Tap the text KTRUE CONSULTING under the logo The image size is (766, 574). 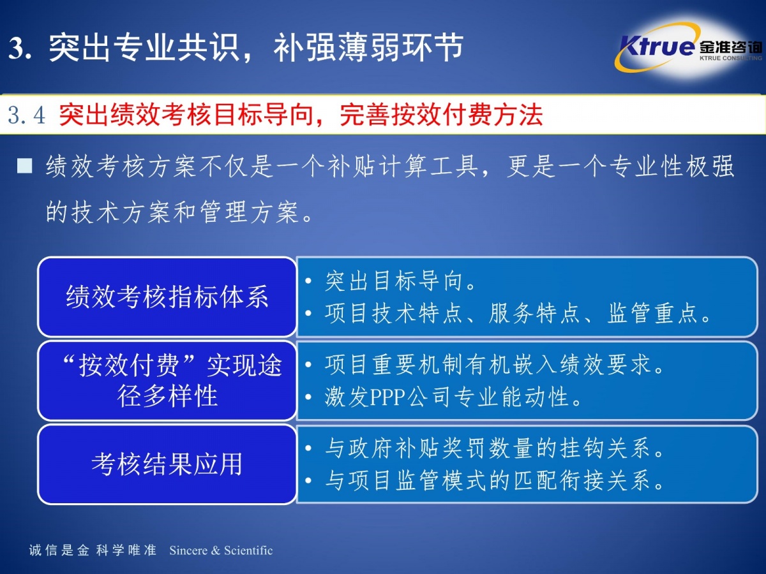coord(731,58)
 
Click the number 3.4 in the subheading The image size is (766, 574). coord(27,115)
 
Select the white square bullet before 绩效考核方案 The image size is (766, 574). coord(25,166)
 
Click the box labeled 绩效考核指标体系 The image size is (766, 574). coord(167,297)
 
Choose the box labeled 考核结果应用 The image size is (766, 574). coord(167,464)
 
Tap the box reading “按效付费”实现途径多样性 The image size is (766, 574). coord(167,381)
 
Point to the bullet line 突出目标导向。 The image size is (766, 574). coord(400,281)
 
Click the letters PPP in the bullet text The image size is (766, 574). coord(387,397)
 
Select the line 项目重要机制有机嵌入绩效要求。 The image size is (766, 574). coord(494,365)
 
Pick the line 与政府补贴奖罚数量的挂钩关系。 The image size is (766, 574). coord(494,448)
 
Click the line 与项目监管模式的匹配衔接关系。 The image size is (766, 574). coord(494,481)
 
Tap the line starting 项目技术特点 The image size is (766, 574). coord(518,313)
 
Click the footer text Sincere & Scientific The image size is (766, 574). coord(221,550)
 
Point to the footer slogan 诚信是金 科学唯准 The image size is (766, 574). coord(93,550)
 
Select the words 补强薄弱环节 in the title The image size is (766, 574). coord(368,47)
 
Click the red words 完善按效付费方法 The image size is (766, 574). coord(442,115)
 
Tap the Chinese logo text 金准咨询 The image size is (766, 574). coord(731,47)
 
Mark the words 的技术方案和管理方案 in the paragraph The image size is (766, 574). coord(173,212)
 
